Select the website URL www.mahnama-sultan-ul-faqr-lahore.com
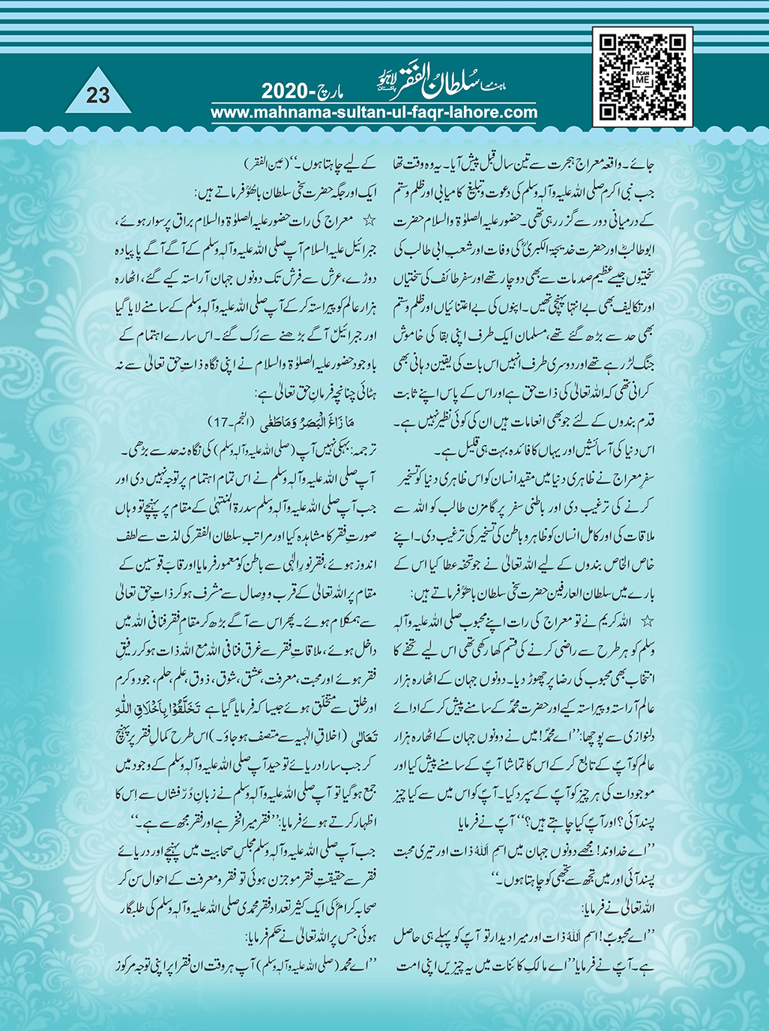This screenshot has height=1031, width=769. tap(374, 113)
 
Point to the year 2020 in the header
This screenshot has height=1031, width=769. tap(288, 93)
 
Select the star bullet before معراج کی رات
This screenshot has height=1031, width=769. tap(368, 222)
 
